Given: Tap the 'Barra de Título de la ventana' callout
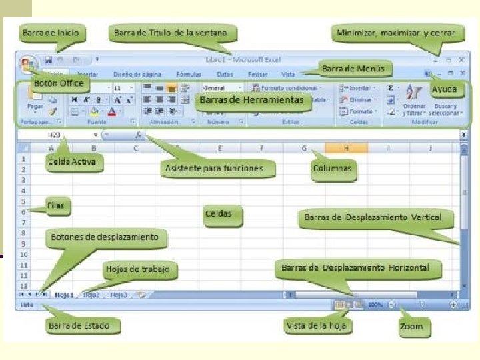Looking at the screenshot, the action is [x=170, y=33].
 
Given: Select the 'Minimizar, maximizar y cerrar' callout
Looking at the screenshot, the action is [x=397, y=33].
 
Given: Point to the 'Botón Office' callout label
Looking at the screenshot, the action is [x=59, y=83].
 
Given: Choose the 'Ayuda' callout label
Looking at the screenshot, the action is [x=444, y=89].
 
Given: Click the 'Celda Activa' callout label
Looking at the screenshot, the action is [x=71, y=161].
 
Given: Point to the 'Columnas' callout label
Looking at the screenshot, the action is [x=332, y=169].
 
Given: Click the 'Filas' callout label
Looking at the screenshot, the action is [x=56, y=205].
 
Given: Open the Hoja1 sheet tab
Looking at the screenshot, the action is [x=64, y=295].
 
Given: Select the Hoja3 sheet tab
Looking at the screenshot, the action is [x=119, y=295].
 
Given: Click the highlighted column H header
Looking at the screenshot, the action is [x=347, y=148].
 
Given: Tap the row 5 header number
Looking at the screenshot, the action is [x=23, y=201].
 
